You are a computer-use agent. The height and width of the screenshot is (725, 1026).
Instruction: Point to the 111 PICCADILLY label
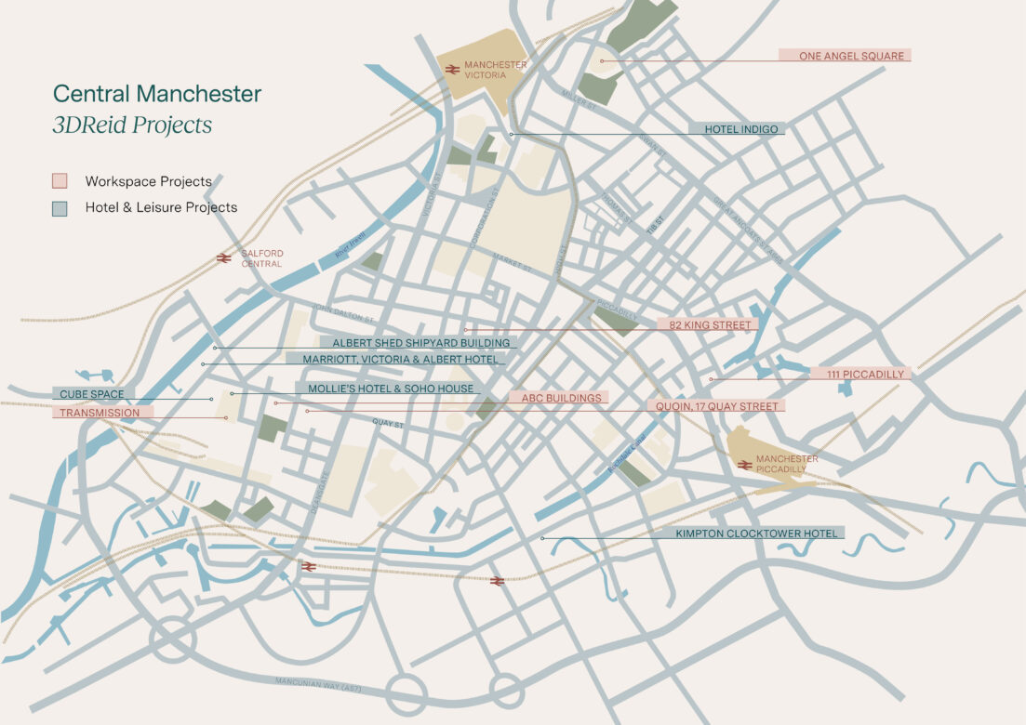coord(860,374)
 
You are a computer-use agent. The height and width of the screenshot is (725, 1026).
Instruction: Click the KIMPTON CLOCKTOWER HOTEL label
coord(759,534)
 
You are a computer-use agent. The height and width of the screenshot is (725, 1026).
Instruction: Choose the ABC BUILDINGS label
coord(560,398)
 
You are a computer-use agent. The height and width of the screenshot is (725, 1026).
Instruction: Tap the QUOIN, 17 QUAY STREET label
coord(715,406)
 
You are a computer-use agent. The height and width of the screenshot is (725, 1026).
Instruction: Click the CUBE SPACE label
coord(91,394)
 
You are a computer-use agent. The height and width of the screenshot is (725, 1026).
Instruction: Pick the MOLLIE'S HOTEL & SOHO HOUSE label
coord(385,389)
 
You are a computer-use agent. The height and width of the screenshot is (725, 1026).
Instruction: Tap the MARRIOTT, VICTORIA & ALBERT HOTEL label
coord(396,358)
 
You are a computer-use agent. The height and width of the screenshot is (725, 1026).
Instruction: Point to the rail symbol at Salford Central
coord(223,258)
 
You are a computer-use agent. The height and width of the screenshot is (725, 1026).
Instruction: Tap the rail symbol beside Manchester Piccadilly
coord(743,464)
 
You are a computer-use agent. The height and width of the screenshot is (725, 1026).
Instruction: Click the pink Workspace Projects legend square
coord(60,181)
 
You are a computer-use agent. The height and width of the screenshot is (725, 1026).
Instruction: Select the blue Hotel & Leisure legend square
coord(60,208)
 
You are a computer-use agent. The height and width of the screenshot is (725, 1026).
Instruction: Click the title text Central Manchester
coord(157,94)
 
